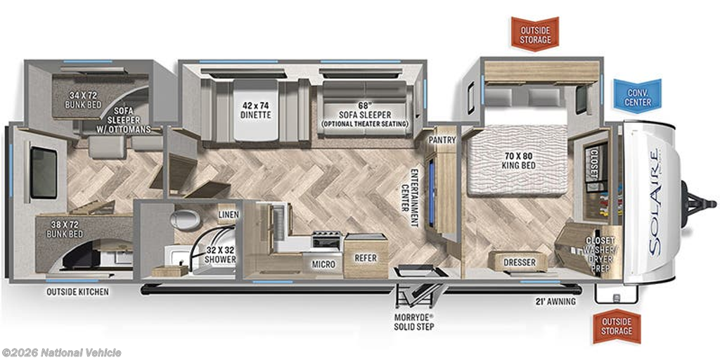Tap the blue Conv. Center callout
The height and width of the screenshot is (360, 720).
pos(638,97)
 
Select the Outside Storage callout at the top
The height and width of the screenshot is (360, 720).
pos(535,34)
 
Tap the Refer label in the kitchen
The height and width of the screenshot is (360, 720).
pos(366,258)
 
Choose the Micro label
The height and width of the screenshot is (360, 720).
pos(323,264)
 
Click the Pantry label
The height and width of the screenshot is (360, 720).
pos(442,140)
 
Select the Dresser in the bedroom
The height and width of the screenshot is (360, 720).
pos(520,262)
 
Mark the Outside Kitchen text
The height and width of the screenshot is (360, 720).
pos(77,291)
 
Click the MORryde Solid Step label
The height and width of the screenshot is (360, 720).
pos(414,322)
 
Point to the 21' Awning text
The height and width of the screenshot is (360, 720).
pos(555,302)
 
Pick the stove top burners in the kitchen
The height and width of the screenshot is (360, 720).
pos(327,239)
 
